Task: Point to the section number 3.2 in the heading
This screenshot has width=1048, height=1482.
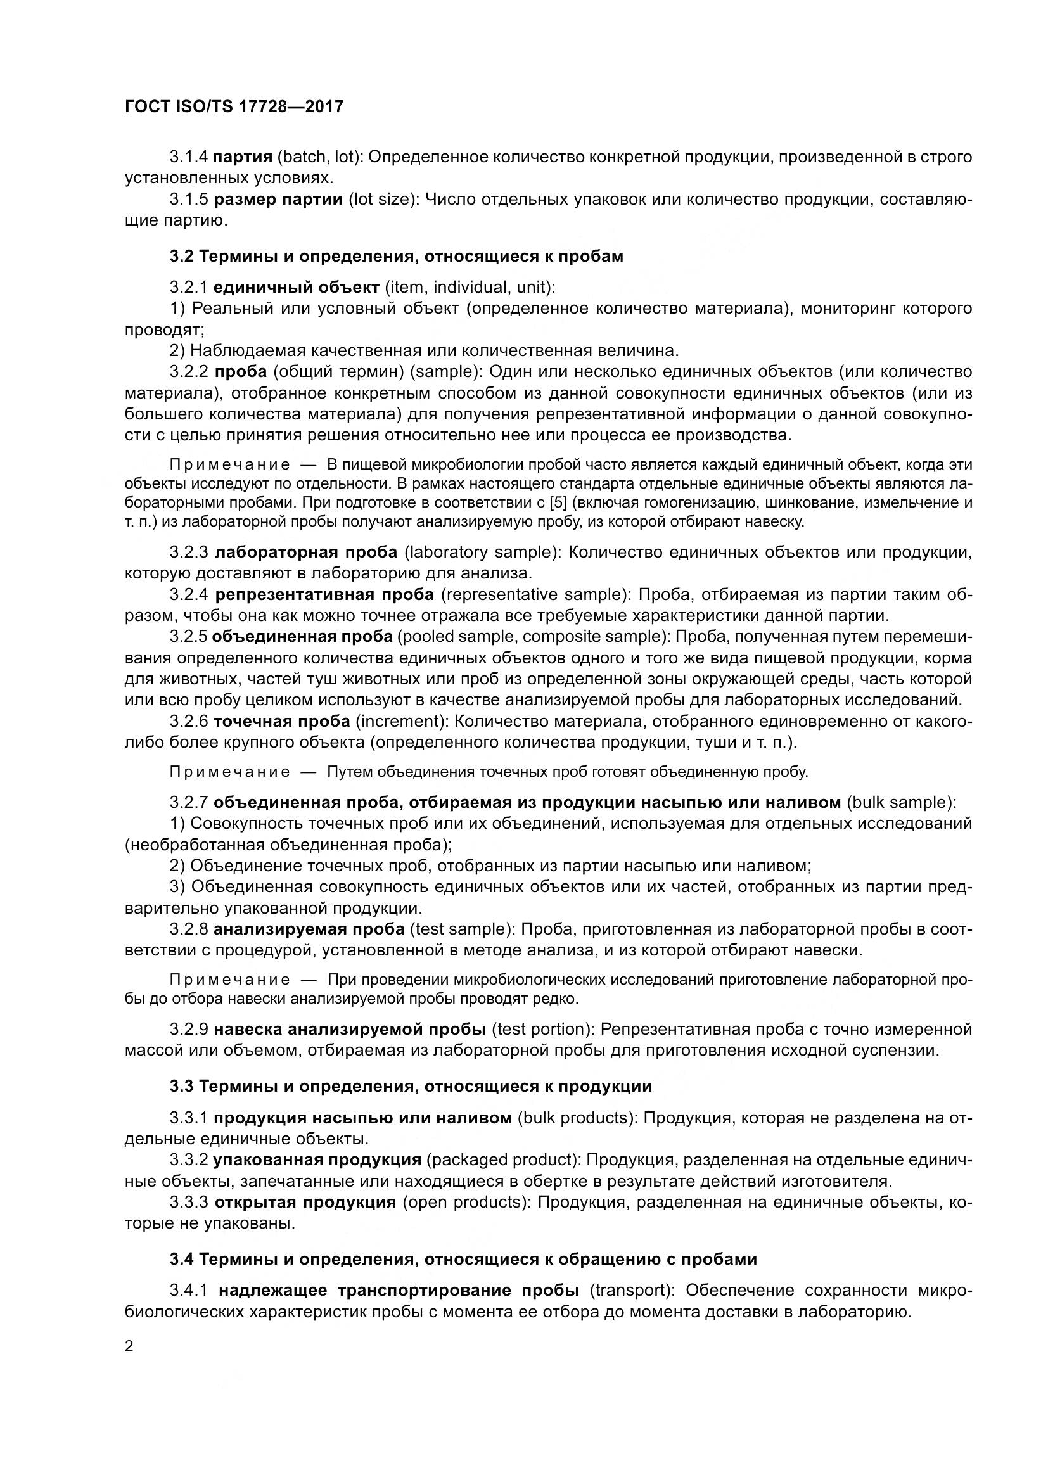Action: pyautogui.click(x=181, y=256)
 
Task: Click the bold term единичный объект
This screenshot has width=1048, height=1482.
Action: pyautogui.click(x=297, y=286)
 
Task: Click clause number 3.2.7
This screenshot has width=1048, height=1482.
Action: pyautogui.click(x=188, y=802)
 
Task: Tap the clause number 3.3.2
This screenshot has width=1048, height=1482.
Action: pyautogui.click(x=188, y=1160)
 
